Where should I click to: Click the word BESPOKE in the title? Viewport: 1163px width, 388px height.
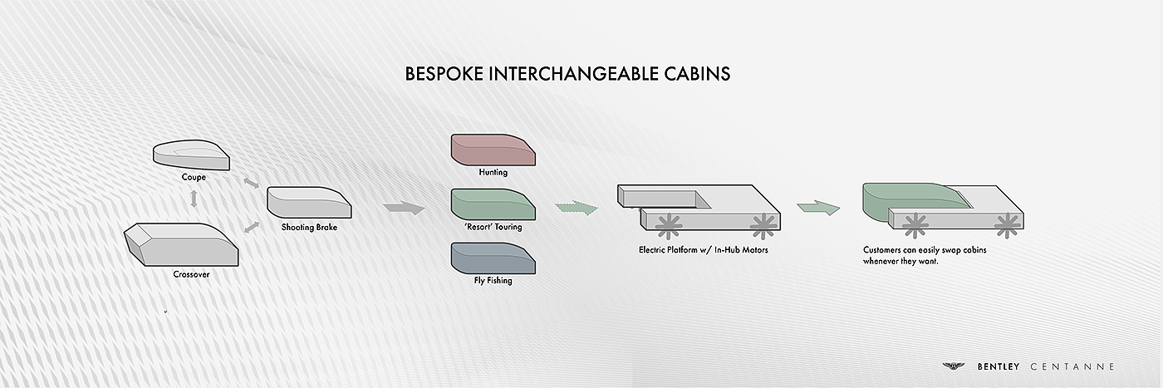click(x=444, y=74)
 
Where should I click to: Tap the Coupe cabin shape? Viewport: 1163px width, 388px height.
click(x=191, y=155)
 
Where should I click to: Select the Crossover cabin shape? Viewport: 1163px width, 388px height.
click(x=181, y=244)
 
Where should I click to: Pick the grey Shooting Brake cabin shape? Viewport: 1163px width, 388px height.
click(x=309, y=203)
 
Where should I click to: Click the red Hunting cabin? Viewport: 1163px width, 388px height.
click(x=493, y=150)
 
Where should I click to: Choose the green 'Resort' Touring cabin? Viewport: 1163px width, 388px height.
click(x=493, y=204)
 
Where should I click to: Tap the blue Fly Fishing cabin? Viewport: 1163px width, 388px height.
click(x=493, y=258)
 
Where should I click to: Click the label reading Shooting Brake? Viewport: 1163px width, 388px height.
click(x=309, y=227)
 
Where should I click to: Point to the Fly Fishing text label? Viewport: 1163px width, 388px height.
click(x=493, y=281)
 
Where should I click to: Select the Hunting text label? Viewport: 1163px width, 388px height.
click(x=493, y=172)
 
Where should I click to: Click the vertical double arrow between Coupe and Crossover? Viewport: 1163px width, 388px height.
click(x=194, y=199)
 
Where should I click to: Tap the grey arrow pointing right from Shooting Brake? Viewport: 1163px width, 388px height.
click(x=404, y=209)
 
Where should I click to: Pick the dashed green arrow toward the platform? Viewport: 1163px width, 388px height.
click(x=577, y=209)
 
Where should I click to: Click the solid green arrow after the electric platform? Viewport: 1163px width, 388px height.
click(x=819, y=208)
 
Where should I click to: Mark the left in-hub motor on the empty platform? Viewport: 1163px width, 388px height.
click(x=669, y=226)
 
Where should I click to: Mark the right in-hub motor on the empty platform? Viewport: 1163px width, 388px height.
click(x=763, y=226)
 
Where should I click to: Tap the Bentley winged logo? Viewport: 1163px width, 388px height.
click(x=954, y=366)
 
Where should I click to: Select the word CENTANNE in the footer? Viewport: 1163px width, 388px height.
click(x=1072, y=366)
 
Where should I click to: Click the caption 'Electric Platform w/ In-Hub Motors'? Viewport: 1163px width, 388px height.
click(x=704, y=250)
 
